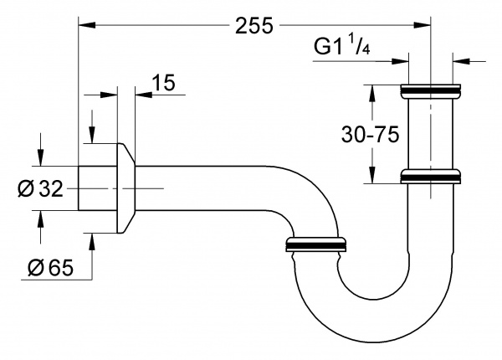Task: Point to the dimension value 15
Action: click(164, 82)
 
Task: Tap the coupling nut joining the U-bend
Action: click(317, 244)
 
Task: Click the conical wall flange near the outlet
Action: click(124, 188)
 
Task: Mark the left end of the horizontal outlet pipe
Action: click(82, 188)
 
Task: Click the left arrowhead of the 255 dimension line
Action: click(85, 25)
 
